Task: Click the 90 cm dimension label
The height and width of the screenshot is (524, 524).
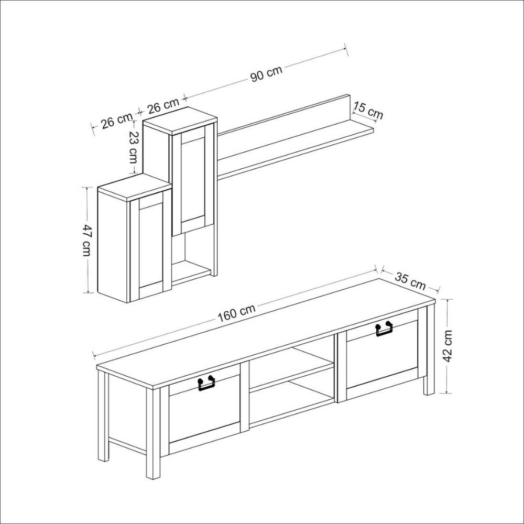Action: tap(266, 74)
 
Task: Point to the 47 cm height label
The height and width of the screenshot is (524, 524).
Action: tap(86, 240)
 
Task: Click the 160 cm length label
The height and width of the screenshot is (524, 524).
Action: tap(237, 313)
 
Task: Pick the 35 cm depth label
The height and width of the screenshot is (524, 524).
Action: tap(410, 281)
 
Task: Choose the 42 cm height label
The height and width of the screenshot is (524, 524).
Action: tap(447, 346)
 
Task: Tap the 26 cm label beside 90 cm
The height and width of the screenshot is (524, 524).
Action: tap(163, 105)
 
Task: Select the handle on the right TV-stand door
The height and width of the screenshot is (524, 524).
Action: tap(384, 329)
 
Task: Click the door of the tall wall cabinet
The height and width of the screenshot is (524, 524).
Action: tap(193, 180)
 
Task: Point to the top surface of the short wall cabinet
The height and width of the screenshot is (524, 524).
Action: tap(134, 188)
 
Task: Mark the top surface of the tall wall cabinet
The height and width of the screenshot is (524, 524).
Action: tap(180, 121)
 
